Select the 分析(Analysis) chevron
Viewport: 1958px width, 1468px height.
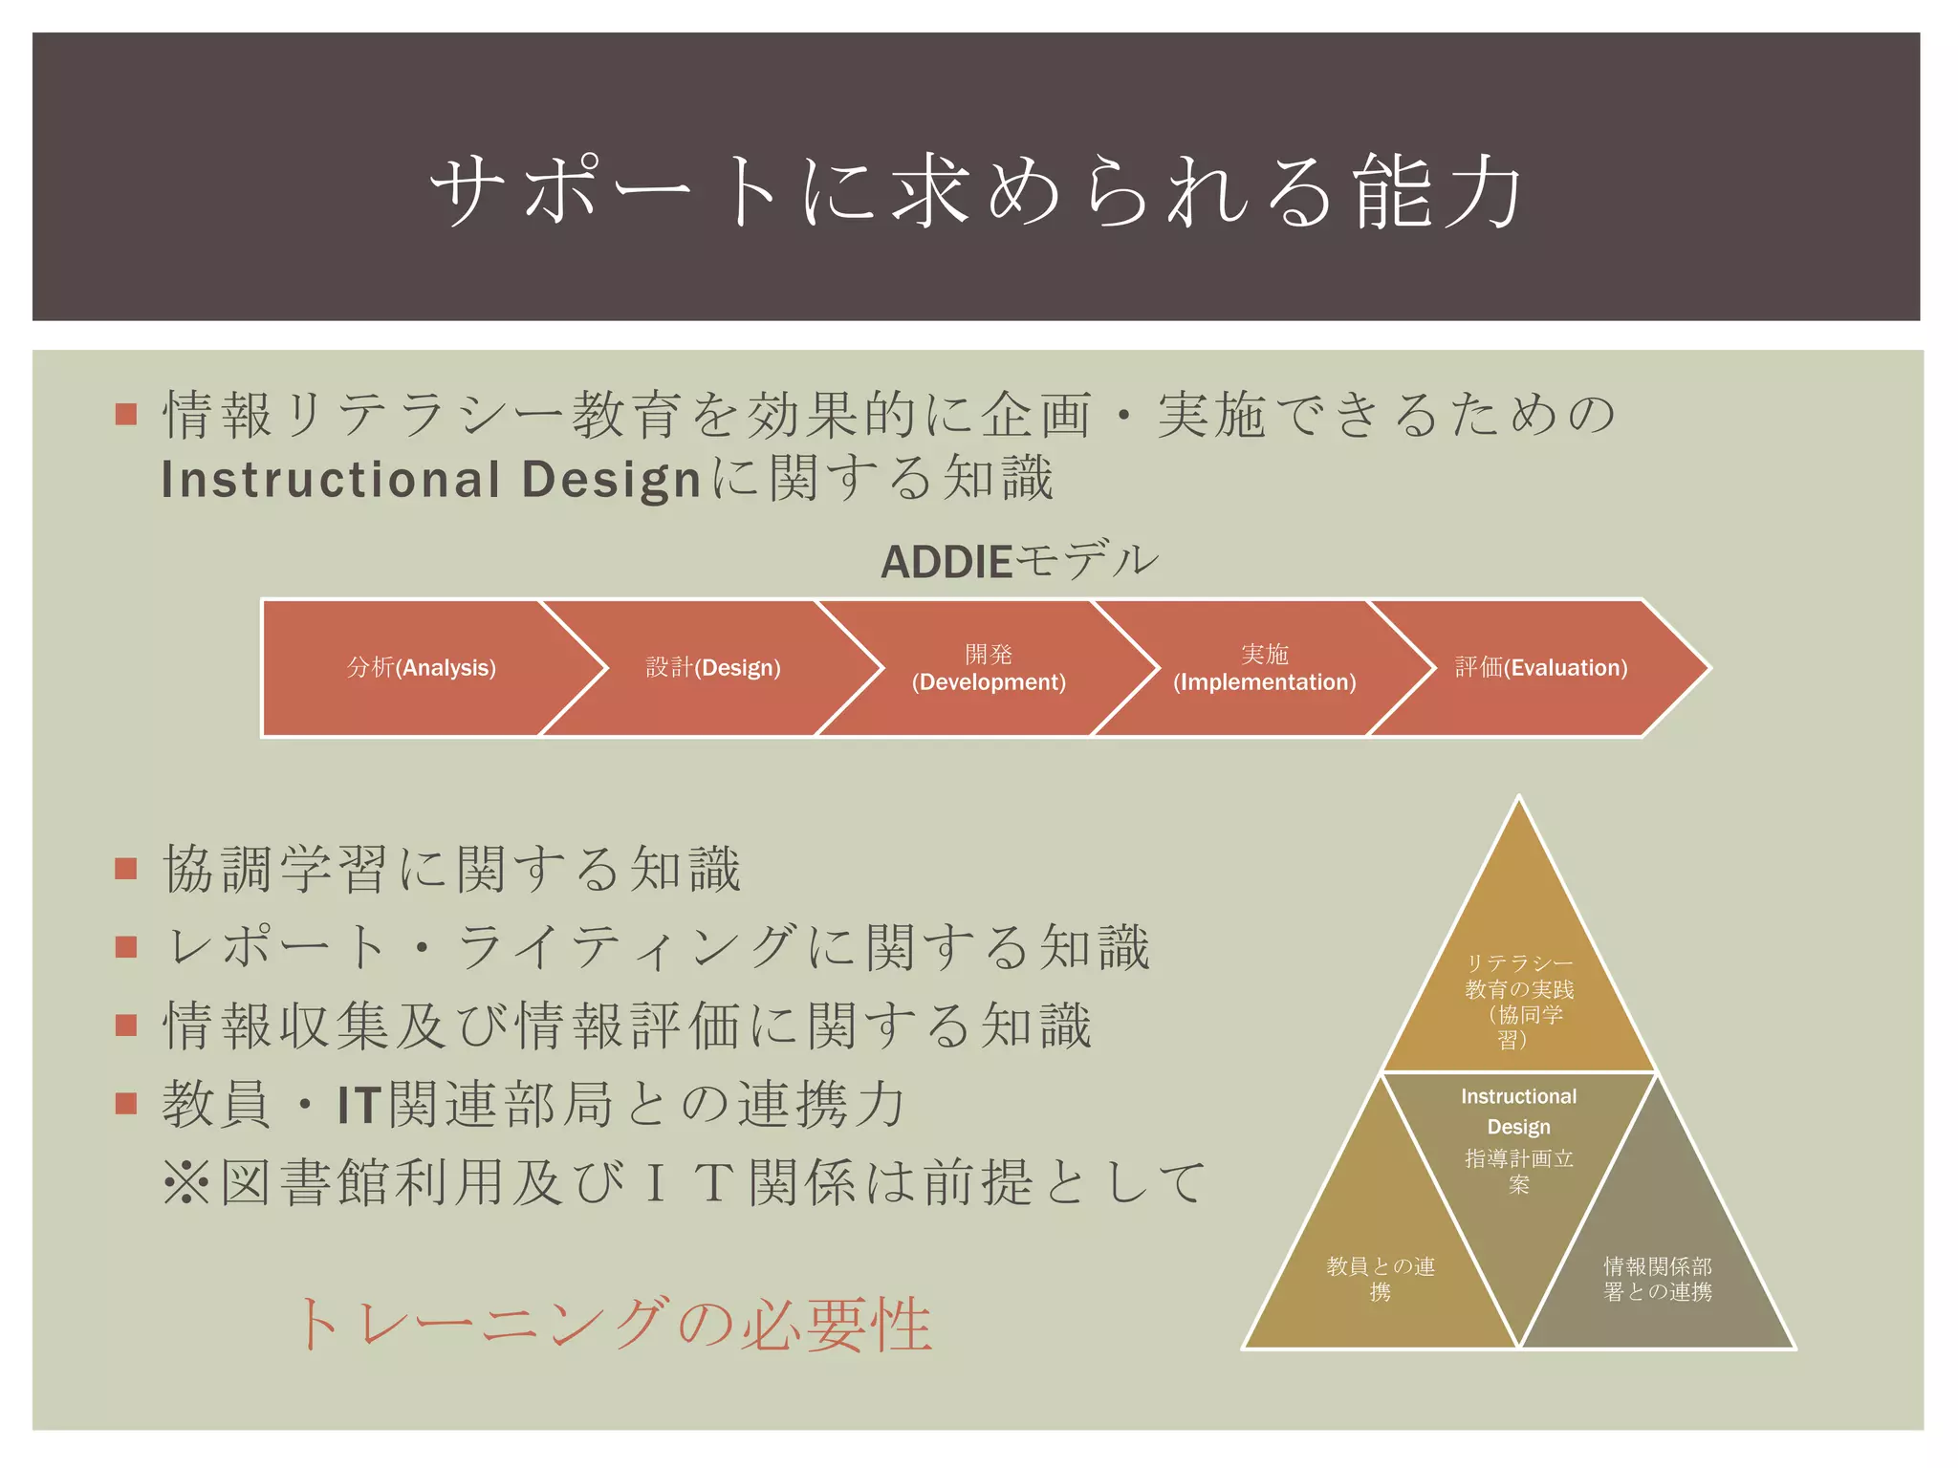(x=421, y=668)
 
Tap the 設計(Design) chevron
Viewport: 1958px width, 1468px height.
(x=713, y=668)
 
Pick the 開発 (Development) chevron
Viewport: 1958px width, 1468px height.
(x=989, y=668)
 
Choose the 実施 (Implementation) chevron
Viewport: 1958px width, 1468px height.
(x=1264, y=668)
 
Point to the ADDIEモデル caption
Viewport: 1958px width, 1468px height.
(x=1019, y=561)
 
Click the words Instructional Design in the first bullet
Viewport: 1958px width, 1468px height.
(x=432, y=480)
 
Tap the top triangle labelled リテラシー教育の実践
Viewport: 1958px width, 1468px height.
(x=1518, y=984)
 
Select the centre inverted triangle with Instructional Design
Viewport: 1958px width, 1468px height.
(x=1518, y=1147)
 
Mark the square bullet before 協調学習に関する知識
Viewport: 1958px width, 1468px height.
(x=126, y=869)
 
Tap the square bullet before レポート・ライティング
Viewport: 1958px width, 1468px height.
(x=126, y=947)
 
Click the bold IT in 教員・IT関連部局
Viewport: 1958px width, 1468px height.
(x=359, y=1105)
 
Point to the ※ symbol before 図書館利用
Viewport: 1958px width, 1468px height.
(x=186, y=1182)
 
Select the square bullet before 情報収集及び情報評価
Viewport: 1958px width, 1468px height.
(x=126, y=1025)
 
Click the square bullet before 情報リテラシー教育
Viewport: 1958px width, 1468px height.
(x=126, y=415)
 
